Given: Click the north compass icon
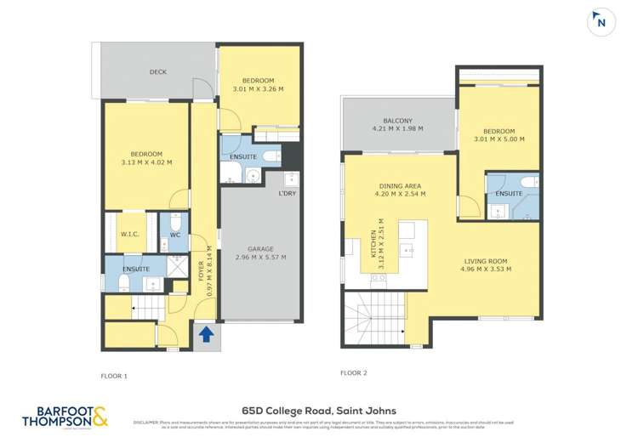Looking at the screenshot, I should (601, 23).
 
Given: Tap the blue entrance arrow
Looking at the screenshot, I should (205, 335).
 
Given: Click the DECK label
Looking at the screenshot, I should (158, 72).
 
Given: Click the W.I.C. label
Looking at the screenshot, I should (130, 236).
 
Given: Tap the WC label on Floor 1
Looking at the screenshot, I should (174, 236).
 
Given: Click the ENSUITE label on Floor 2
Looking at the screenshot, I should (509, 195).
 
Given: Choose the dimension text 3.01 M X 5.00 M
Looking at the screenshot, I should (498, 139).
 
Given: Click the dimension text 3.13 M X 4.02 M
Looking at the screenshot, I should (146, 162).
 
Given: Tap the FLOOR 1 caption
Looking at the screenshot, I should (114, 374).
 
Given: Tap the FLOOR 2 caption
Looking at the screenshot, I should (354, 372).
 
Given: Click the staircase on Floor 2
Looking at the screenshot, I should (374, 318).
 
